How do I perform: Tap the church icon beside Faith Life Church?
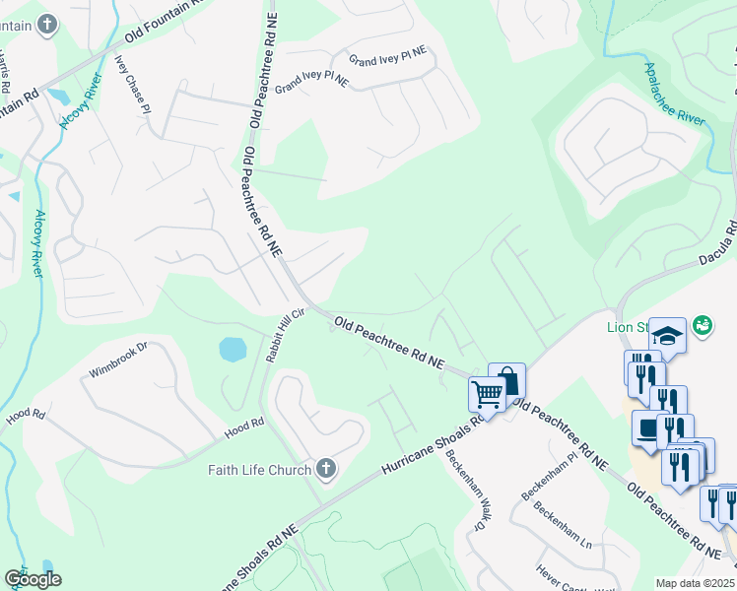pyautogui.click(x=325, y=470)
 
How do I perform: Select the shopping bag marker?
pyautogui.click(x=506, y=380)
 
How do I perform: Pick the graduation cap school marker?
pyautogui.click(x=667, y=336)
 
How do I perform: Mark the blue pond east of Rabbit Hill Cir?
pyautogui.click(x=233, y=349)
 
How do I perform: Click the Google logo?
pyautogui.click(x=33, y=579)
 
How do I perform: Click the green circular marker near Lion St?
pyautogui.click(x=703, y=324)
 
